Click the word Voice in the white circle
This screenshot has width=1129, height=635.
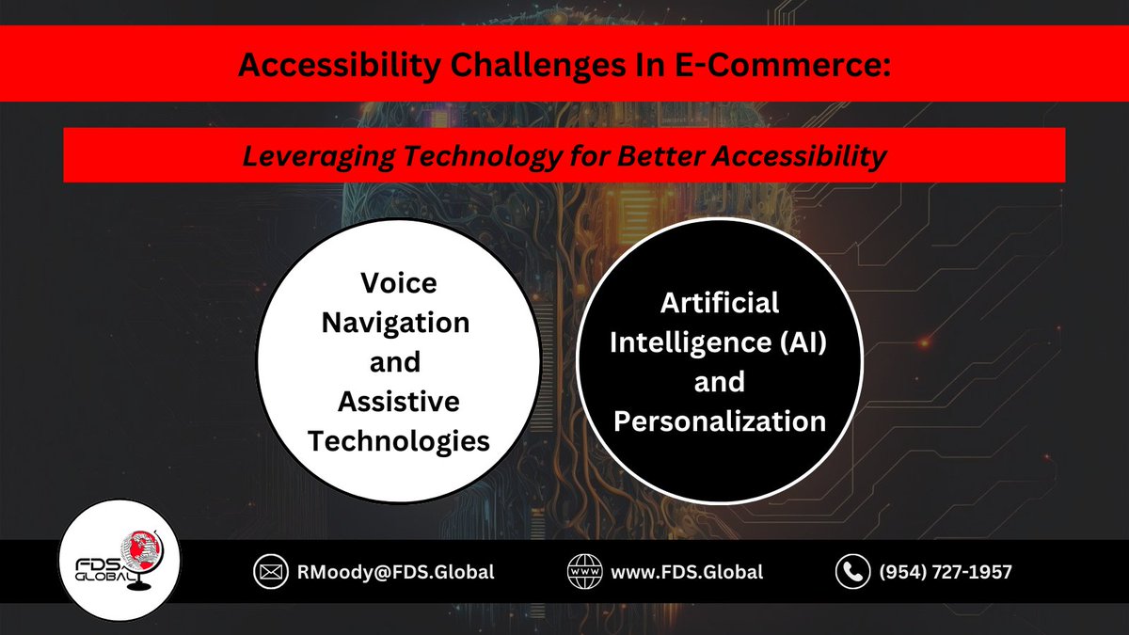point(398,283)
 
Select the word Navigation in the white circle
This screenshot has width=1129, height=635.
point(396,323)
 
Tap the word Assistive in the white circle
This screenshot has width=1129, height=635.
point(399,402)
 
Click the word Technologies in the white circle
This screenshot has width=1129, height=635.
point(399,440)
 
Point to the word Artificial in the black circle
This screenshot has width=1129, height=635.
point(719,302)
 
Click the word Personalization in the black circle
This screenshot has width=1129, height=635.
point(719,421)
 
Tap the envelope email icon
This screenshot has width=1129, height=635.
point(268,571)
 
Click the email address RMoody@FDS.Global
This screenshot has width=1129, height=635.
point(394,571)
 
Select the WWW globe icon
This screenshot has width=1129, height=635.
point(584,571)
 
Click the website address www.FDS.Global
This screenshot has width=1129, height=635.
point(687,571)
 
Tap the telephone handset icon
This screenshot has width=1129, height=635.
point(852,571)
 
